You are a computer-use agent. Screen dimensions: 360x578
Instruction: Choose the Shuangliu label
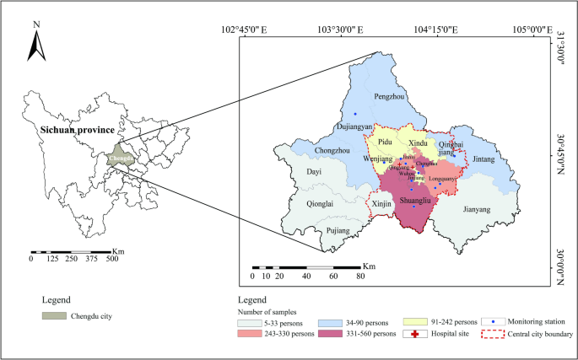coord(414,201)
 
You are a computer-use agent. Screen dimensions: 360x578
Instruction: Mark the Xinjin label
coord(381,203)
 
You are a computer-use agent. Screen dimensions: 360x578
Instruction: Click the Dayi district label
coord(314,172)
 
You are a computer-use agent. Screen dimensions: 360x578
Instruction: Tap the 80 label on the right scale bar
coord(360,276)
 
